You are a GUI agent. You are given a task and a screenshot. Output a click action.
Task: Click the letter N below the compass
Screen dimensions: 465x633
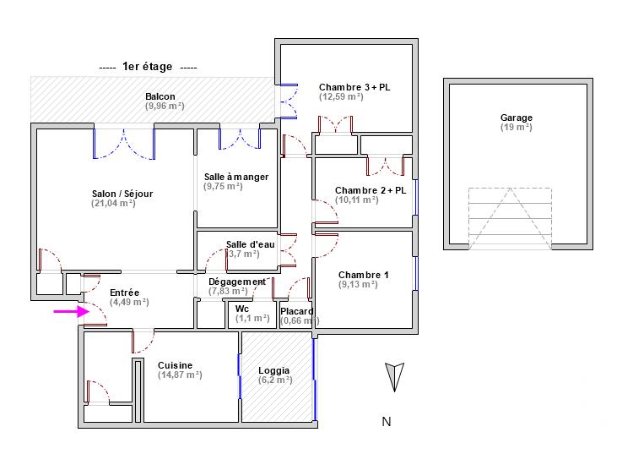(386, 422)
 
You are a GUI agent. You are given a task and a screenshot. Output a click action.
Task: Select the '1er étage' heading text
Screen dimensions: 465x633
(148, 67)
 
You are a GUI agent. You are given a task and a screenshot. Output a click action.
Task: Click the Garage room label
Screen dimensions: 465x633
(516, 118)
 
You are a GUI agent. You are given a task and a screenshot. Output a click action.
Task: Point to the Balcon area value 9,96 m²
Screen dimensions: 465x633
(165, 107)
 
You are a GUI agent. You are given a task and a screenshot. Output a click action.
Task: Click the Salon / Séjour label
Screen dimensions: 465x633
(122, 194)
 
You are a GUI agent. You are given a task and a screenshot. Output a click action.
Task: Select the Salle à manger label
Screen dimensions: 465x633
(236, 177)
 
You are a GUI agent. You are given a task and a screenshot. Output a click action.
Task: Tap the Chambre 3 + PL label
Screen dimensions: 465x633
(354, 87)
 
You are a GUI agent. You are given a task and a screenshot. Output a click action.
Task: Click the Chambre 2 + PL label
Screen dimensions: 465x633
(371, 190)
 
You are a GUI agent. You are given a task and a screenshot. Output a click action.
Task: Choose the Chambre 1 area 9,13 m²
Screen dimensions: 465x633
(358, 285)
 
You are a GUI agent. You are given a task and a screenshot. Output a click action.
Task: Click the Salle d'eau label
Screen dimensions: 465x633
(251, 244)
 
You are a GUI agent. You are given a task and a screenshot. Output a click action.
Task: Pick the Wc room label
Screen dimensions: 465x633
(242, 309)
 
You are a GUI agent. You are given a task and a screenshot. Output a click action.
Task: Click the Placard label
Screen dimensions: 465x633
(297, 311)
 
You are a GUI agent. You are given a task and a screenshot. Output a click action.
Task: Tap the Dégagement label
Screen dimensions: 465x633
(236, 282)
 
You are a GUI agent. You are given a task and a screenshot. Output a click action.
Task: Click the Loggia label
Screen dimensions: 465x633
(274, 370)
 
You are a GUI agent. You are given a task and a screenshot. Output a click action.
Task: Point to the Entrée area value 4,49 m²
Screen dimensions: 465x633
(129, 302)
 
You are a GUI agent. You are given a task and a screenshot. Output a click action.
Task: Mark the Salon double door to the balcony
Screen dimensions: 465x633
(124, 144)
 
